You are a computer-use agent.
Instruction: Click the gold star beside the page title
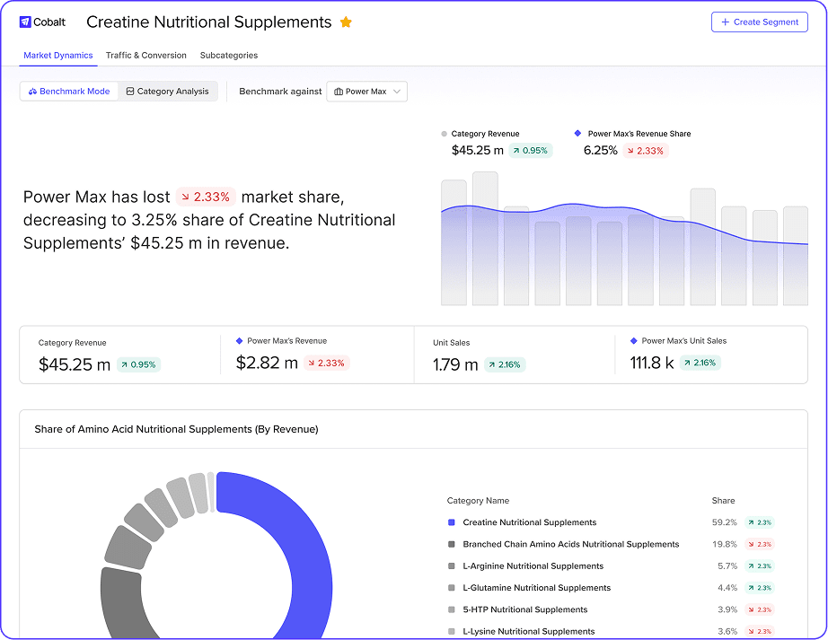[346, 22]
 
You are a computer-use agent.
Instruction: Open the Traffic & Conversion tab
[146, 56]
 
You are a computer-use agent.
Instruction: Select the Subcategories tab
[229, 56]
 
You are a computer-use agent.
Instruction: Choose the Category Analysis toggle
[168, 92]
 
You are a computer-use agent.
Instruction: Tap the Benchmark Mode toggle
[69, 92]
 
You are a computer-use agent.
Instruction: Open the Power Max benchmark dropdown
[366, 92]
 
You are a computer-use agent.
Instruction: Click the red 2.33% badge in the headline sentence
[206, 197]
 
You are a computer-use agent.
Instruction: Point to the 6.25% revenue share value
[601, 151]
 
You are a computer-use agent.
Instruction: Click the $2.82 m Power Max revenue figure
[267, 364]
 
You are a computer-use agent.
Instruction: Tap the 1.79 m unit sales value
[455, 364]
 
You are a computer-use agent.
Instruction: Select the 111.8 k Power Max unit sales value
[652, 363]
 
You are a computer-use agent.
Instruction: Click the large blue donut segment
[287, 557]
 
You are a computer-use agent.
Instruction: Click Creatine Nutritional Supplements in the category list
[529, 522]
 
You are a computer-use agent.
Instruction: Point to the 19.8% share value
[724, 544]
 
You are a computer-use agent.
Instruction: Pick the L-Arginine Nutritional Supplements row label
[533, 566]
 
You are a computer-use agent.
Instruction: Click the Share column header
[723, 501]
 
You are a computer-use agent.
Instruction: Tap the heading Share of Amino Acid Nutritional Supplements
[176, 430]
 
